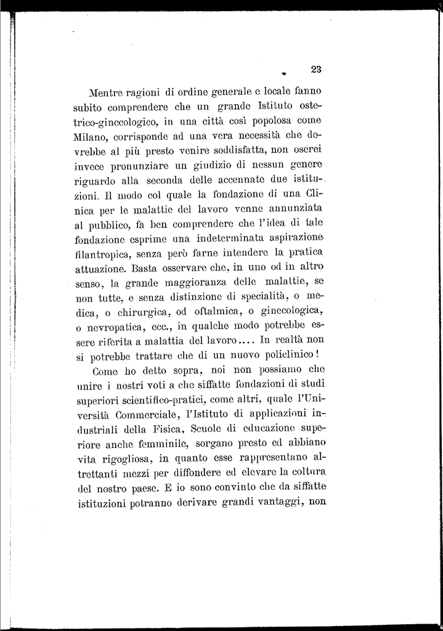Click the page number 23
coord(317,70)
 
